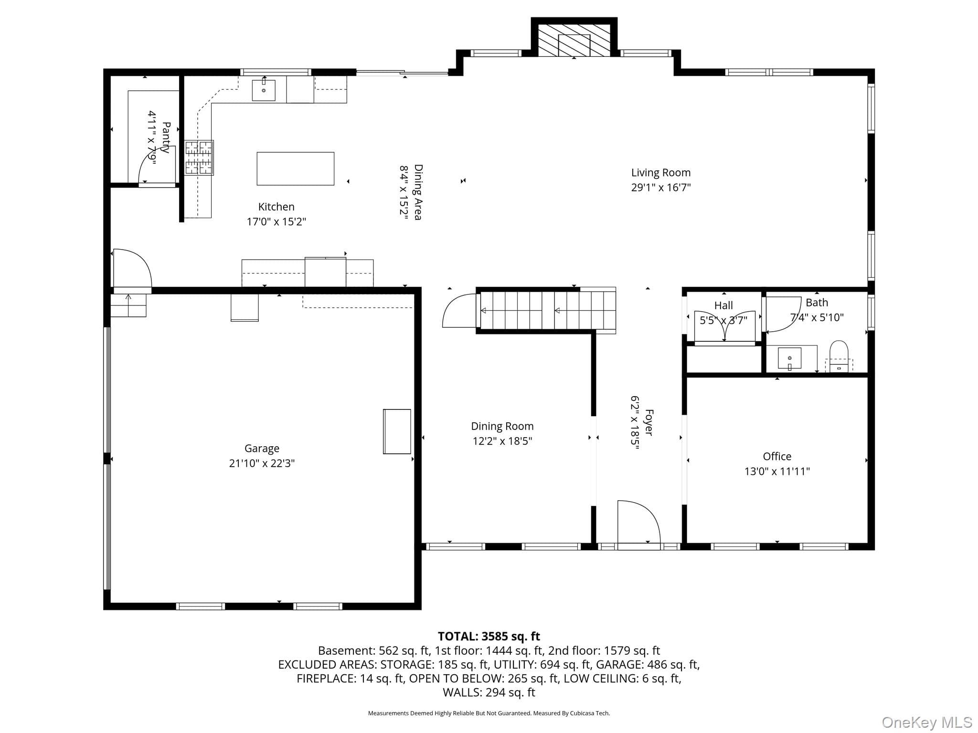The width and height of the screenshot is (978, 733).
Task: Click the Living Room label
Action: (x=661, y=173)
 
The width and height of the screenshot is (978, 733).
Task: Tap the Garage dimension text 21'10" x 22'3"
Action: (x=262, y=463)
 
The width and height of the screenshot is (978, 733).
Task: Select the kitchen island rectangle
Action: (x=296, y=168)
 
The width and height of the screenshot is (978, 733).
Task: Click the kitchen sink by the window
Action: (x=264, y=90)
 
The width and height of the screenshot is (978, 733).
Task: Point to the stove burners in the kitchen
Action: (x=199, y=158)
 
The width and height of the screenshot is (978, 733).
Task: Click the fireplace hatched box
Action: (x=574, y=40)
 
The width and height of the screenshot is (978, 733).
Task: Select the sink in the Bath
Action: (x=789, y=358)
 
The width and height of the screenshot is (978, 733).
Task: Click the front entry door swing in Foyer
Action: (x=639, y=522)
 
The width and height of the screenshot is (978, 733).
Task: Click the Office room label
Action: (x=777, y=457)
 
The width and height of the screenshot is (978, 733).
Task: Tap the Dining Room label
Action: (x=502, y=426)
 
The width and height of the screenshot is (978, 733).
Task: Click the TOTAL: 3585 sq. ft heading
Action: (x=489, y=636)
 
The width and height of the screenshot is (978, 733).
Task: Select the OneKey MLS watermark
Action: (x=927, y=723)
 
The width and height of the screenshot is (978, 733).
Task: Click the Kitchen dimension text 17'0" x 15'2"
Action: (x=276, y=222)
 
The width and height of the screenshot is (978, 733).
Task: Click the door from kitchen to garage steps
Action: (x=132, y=268)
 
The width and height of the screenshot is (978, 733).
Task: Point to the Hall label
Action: (x=723, y=305)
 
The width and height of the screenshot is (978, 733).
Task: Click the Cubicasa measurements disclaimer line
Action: (x=489, y=713)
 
